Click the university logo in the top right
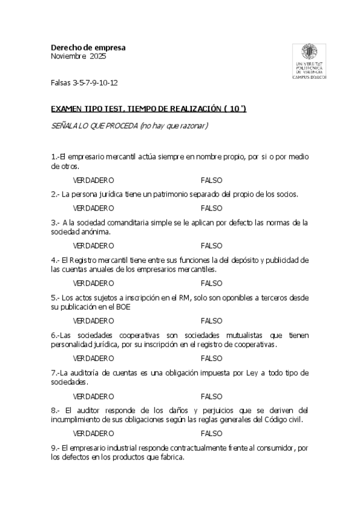click(308, 61)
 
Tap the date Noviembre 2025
click(78, 57)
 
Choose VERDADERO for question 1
click(93, 180)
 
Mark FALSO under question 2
click(212, 208)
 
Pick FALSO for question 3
click(212, 245)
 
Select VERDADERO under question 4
click(93, 283)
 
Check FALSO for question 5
click(212, 321)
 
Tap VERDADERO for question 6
click(93, 358)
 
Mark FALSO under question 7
click(212, 396)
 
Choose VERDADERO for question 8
click(93, 433)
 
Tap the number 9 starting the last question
click(53, 447)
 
